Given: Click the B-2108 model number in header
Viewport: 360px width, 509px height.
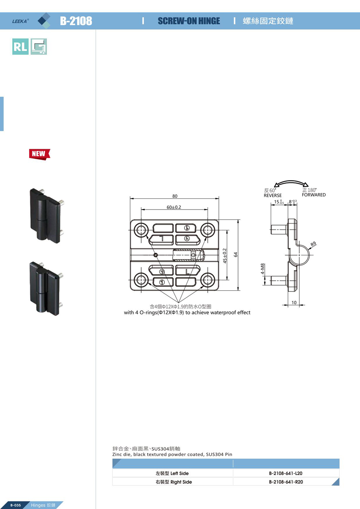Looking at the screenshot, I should click(x=76, y=21).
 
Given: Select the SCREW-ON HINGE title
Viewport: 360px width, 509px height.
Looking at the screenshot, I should click(x=189, y=21).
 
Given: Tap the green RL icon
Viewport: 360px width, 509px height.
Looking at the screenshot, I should click(x=20, y=47).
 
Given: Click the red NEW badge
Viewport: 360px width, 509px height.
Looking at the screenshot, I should click(x=40, y=154).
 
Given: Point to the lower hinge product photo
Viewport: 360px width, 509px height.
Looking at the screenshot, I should click(x=46, y=288).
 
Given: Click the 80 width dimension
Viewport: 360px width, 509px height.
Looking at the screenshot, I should click(x=175, y=196).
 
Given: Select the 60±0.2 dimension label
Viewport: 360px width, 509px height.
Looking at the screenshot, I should click(x=174, y=207).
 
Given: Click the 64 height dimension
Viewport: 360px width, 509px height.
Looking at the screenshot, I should click(x=236, y=255).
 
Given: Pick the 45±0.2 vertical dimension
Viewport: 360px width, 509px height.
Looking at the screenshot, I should click(x=225, y=255).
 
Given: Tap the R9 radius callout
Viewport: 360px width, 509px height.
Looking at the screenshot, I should click(x=313, y=244).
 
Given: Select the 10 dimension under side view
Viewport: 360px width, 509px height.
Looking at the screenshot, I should click(x=294, y=303).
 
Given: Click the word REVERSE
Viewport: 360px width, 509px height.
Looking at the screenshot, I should click(x=272, y=195).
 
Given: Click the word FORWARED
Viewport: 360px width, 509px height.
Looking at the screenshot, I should click(x=314, y=195).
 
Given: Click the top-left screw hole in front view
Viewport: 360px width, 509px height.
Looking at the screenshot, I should click(x=141, y=230).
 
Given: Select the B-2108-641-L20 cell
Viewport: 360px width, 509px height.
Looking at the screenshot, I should click(x=286, y=473).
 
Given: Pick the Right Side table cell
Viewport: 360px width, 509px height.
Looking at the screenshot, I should click(x=173, y=482).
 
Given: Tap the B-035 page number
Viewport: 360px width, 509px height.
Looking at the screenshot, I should click(x=16, y=505).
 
